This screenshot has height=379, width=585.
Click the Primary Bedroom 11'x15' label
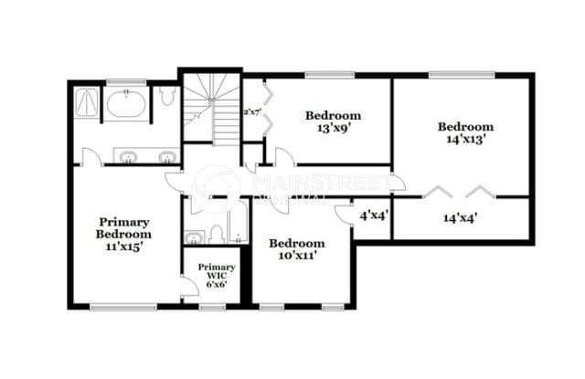pyautogui.click(x=124, y=233)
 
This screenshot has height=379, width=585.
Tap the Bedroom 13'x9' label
pyautogui.click(x=333, y=121)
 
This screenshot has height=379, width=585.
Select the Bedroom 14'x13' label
pyautogui.click(x=465, y=133)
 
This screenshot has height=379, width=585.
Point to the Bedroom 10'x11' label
pyautogui.click(x=296, y=250)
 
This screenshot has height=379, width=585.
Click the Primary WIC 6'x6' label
pyautogui.click(x=217, y=275)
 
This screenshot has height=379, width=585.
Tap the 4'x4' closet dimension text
pyautogui.click(x=372, y=216)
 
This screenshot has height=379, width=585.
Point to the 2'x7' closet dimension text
pyautogui.click(x=252, y=111)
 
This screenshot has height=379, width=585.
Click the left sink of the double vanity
pyautogui.click(x=125, y=155)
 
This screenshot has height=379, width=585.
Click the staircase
pyautogui.click(x=210, y=110)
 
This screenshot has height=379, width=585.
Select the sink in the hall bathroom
pyautogui.click(x=193, y=237)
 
